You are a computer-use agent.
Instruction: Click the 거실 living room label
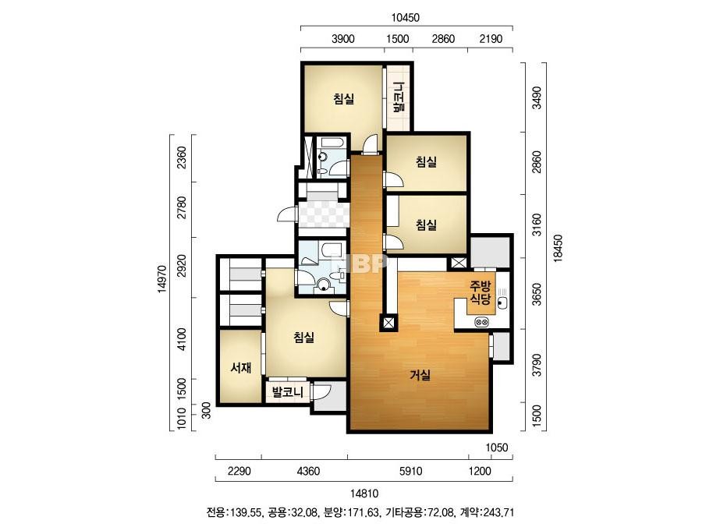tap(420, 375)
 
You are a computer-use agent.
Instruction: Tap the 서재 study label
tap(240, 367)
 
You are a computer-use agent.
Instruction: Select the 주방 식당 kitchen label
tap(481, 293)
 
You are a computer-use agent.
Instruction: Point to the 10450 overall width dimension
tap(406, 18)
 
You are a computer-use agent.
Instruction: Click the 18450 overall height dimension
tap(558, 249)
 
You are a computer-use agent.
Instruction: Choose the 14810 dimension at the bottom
tap(364, 493)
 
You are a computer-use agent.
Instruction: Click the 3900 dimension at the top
tap(343, 38)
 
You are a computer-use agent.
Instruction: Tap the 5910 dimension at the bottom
tap(411, 471)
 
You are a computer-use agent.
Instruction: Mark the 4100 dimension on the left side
tap(182, 339)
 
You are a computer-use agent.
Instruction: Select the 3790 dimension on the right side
tap(537, 365)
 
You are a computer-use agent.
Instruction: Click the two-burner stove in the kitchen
tap(482, 322)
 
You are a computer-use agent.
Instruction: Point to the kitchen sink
tap(502, 302)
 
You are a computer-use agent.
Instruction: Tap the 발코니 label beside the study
tap(287, 392)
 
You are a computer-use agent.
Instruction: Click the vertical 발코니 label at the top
tap(398, 97)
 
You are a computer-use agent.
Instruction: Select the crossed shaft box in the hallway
tap(388, 324)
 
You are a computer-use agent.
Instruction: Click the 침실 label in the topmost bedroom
tap(344, 99)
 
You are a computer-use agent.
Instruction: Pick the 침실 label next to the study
tap(304, 338)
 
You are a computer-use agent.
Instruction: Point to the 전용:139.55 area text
tap(234, 512)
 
